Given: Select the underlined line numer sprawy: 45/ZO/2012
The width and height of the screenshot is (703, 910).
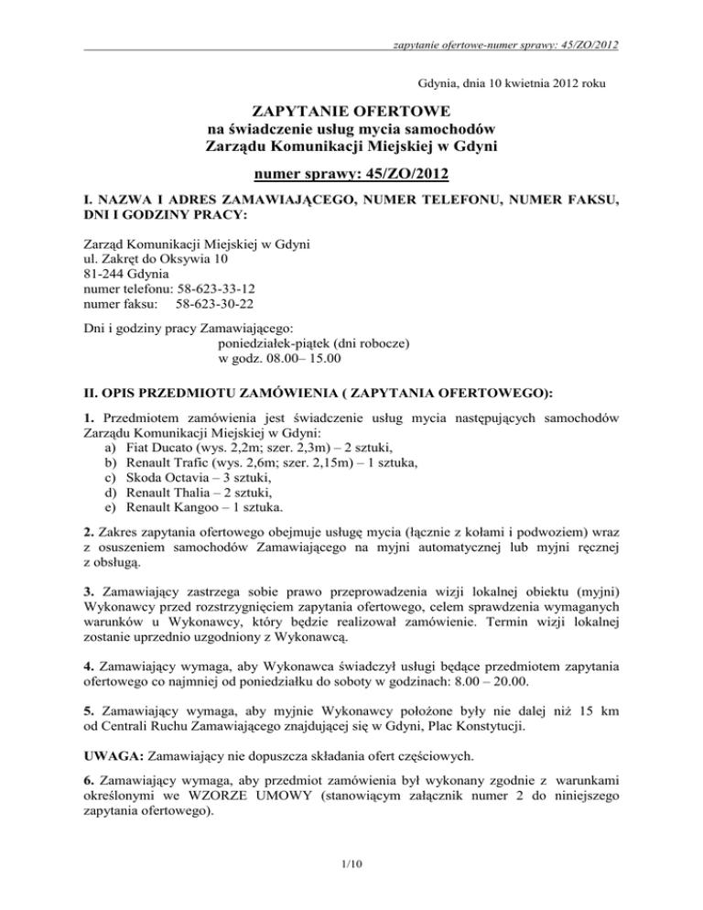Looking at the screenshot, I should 351,173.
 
